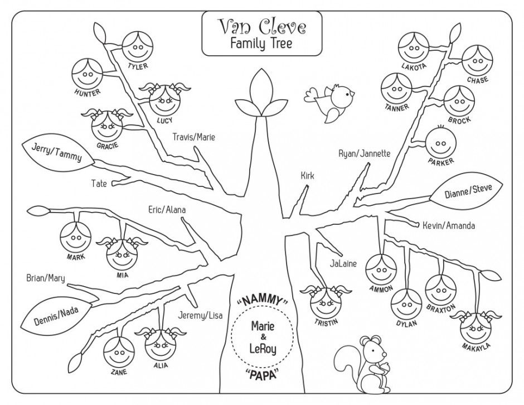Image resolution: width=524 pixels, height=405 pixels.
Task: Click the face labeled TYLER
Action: coord(136,47)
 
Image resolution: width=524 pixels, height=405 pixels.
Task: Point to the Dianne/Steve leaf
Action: coord(468,192)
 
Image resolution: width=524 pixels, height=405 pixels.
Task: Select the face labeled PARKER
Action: coord(441,144)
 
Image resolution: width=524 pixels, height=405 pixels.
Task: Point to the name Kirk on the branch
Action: coord(307,176)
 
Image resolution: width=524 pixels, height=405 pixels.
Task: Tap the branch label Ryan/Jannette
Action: coord(364,153)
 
